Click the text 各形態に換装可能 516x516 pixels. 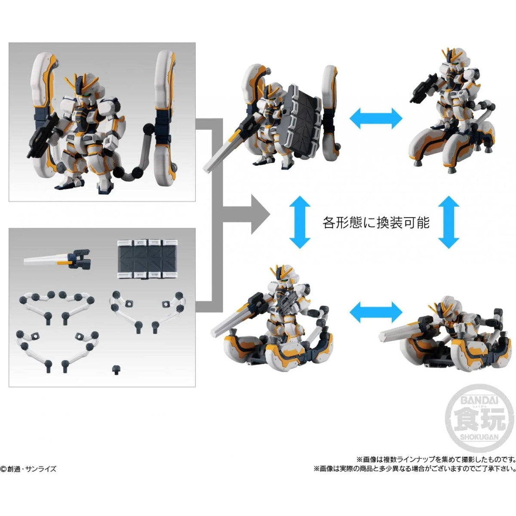[376, 222]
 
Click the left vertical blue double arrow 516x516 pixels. [300, 222]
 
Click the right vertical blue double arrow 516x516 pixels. [450, 222]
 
